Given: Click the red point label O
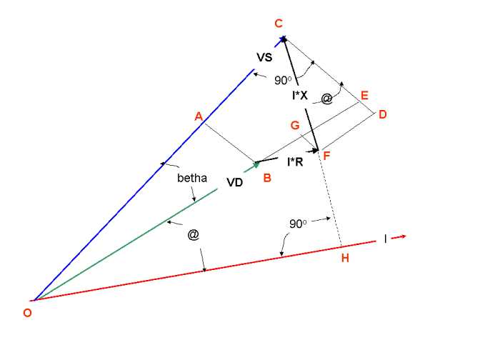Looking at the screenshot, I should [27, 312].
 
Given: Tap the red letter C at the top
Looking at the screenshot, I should [279, 24].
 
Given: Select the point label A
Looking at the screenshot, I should [199, 116].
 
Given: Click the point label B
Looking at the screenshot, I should [266, 178].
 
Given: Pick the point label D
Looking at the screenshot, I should [383, 115].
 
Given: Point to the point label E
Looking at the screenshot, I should [364, 96].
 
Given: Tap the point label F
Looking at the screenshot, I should [326, 156].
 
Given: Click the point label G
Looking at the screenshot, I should [294, 126].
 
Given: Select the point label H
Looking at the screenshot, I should [345, 258].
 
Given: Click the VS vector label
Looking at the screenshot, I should [265, 56].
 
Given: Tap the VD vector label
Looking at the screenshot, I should [235, 182].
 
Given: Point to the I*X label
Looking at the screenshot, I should [301, 96].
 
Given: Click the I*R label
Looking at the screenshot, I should [295, 163].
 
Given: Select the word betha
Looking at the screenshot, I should [192, 178].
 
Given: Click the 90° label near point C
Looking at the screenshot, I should [283, 80].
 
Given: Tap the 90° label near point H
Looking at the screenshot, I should [299, 224].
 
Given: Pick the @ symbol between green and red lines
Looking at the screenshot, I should [193, 234].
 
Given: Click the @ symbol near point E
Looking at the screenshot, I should [326, 99].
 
